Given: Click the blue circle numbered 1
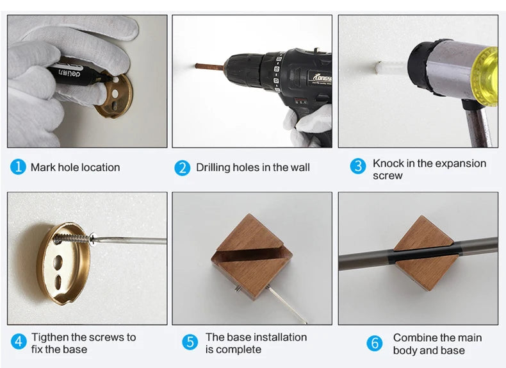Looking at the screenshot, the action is click(18, 167).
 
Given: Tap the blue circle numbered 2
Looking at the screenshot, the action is click(183, 168).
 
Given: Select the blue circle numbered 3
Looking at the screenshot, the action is click(358, 166).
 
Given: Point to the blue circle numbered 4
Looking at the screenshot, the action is click(19, 342).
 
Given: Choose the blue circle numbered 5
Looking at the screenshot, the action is click(190, 342).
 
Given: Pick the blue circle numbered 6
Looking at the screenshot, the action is click(375, 343).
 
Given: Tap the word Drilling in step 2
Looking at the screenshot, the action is click(213, 167).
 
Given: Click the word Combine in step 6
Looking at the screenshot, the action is click(412, 338).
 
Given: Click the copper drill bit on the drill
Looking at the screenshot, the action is click(209, 67).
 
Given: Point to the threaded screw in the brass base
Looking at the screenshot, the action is click(73, 239).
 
